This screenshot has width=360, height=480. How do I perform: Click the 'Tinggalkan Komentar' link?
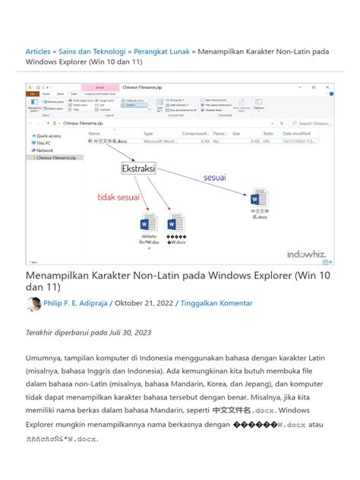pyautogui.click(x=216, y=304)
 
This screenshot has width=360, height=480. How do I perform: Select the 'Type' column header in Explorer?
pyautogui.click(x=149, y=133)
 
